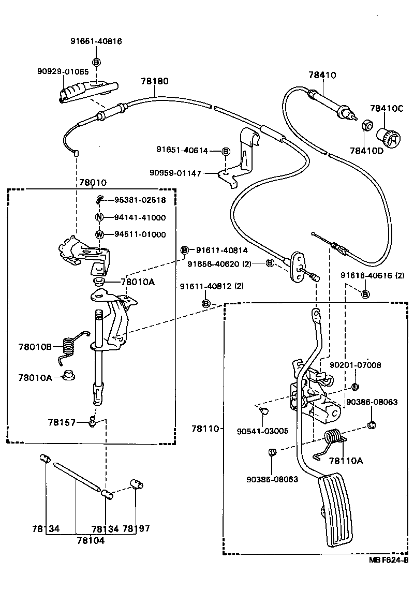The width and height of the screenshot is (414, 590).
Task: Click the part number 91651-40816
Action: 96,41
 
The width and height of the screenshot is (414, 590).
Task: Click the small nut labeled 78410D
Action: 366,125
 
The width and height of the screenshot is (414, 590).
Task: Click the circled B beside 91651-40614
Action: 225,151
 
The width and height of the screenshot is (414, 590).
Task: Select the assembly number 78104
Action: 91,540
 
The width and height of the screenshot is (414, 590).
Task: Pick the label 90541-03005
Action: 262,431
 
